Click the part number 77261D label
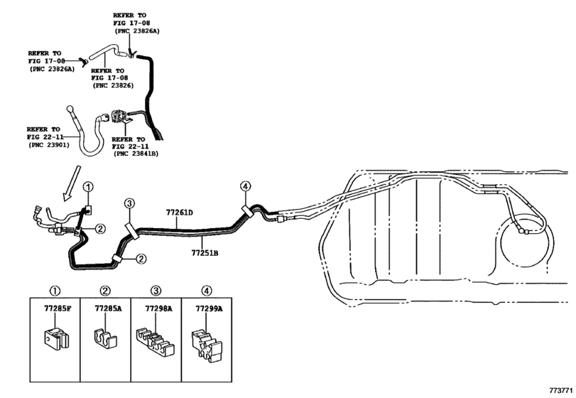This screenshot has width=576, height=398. pyautogui.click(x=179, y=213)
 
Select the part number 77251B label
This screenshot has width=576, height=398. pyautogui.click(x=205, y=253)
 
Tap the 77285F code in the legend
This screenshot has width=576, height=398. pyautogui.click(x=58, y=308)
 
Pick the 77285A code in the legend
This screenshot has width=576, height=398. pyautogui.click(x=108, y=308)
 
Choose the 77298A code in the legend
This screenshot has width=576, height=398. pyautogui.click(x=158, y=308)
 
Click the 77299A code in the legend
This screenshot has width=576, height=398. pyautogui.click(x=209, y=308)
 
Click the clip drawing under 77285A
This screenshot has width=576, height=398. pyautogui.click(x=104, y=338)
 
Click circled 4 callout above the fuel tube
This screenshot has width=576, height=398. pyautogui.click(x=246, y=186)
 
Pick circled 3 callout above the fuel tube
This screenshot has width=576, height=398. pyautogui.click(x=129, y=203)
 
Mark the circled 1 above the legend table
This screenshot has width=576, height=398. pyautogui.click(x=55, y=291)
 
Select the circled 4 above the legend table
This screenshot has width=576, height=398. pyautogui.click(x=207, y=291)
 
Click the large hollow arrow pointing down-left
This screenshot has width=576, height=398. pyautogui.click(x=71, y=183)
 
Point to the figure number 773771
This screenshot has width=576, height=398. pyautogui.click(x=561, y=390)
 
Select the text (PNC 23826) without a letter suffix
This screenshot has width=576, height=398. pyautogui.click(x=113, y=85)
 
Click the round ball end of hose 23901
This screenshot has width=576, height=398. pyautogui.click(x=70, y=109)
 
